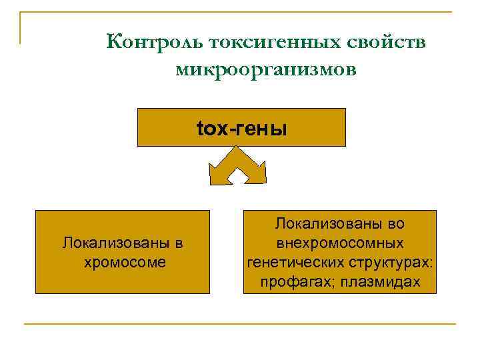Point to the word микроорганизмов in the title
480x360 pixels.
(267, 69)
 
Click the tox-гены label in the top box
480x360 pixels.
(241, 128)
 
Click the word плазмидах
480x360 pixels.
(380, 282)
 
